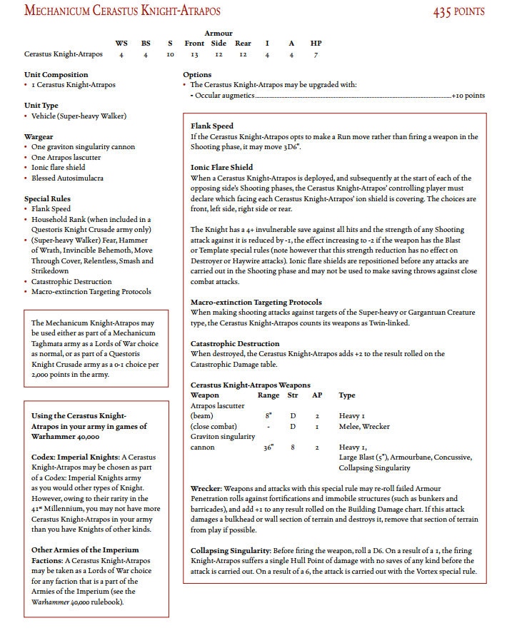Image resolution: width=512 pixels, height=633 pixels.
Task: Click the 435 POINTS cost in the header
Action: (458, 11)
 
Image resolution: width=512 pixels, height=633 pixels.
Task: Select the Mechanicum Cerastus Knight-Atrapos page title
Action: (122, 11)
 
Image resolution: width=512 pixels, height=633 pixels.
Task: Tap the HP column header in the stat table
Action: (316, 44)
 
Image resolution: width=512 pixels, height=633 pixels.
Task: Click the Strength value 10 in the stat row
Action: (170, 54)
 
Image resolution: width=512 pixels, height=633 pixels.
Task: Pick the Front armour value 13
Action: (194, 54)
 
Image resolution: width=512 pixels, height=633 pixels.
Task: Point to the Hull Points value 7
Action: (316, 54)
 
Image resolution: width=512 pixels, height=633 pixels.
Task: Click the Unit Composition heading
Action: (56, 75)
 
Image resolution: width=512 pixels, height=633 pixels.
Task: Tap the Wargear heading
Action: (39, 136)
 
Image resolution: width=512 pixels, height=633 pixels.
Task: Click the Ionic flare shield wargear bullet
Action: (59, 168)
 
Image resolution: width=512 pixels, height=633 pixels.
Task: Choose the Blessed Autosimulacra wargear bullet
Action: (67, 178)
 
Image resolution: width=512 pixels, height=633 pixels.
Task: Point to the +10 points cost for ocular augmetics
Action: (468, 96)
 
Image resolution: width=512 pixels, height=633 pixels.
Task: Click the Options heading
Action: (197, 75)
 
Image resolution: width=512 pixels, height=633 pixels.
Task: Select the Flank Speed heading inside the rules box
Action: (212, 126)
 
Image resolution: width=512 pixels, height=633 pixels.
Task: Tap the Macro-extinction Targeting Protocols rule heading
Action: (256, 303)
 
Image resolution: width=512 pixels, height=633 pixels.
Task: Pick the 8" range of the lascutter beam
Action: (268, 416)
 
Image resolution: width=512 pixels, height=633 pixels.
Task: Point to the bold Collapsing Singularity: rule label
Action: (230, 551)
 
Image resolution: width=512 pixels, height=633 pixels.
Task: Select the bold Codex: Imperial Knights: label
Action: (75, 457)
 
